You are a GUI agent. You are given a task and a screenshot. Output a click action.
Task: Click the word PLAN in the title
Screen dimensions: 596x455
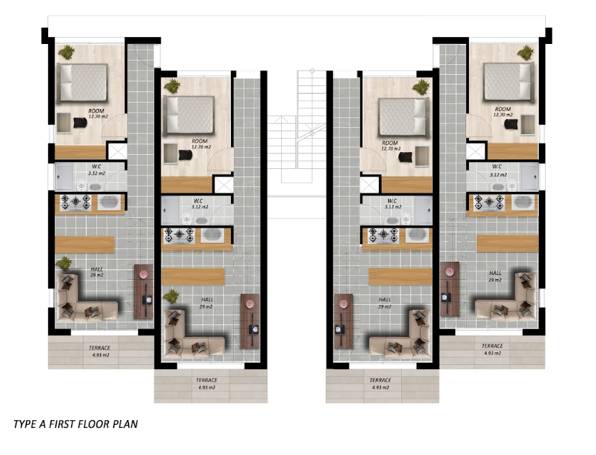[x=125, y=424]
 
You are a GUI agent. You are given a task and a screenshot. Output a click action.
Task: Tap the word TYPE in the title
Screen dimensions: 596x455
[x=25, y=424]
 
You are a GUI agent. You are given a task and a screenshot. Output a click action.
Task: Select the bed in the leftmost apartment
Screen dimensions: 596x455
[x=82, y=82]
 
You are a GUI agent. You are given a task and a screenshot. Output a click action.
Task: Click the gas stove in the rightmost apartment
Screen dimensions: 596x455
[x=489, y=202]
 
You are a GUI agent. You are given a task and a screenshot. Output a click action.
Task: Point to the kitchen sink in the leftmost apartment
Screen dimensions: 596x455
[x=109, y=202]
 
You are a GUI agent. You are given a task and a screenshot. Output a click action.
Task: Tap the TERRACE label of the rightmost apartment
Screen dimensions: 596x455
[x=492, y=346]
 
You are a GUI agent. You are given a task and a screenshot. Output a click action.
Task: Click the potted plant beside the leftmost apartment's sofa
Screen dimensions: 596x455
[x=64, y=263]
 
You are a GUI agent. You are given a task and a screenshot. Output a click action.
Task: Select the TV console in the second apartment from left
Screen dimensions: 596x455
[x=250, y=321]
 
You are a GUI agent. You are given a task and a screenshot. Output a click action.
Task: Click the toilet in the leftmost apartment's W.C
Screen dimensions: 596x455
[x=81, y=185]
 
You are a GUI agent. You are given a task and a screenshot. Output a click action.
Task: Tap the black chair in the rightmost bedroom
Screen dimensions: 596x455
[x=511, y=124]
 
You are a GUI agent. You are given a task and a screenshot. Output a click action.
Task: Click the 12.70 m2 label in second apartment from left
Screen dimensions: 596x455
[x=201, y=147]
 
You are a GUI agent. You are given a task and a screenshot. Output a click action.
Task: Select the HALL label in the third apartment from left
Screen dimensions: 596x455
[x=385, y=299]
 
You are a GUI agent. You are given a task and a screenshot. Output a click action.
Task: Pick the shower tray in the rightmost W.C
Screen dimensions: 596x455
[x=530, y=177]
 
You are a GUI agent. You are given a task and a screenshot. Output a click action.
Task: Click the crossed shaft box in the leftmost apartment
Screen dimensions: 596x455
[x=117, y=151]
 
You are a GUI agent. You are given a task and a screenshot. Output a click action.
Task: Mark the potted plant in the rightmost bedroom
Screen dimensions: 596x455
[x=526, y=52]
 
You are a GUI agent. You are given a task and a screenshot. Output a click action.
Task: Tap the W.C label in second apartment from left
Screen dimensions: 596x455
[x=198, y=201]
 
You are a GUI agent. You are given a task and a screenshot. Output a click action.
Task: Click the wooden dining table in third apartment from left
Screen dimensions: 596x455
[x=401, y=277]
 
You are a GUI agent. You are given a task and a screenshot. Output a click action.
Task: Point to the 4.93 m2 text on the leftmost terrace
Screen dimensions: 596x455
[x=100, y=355]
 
